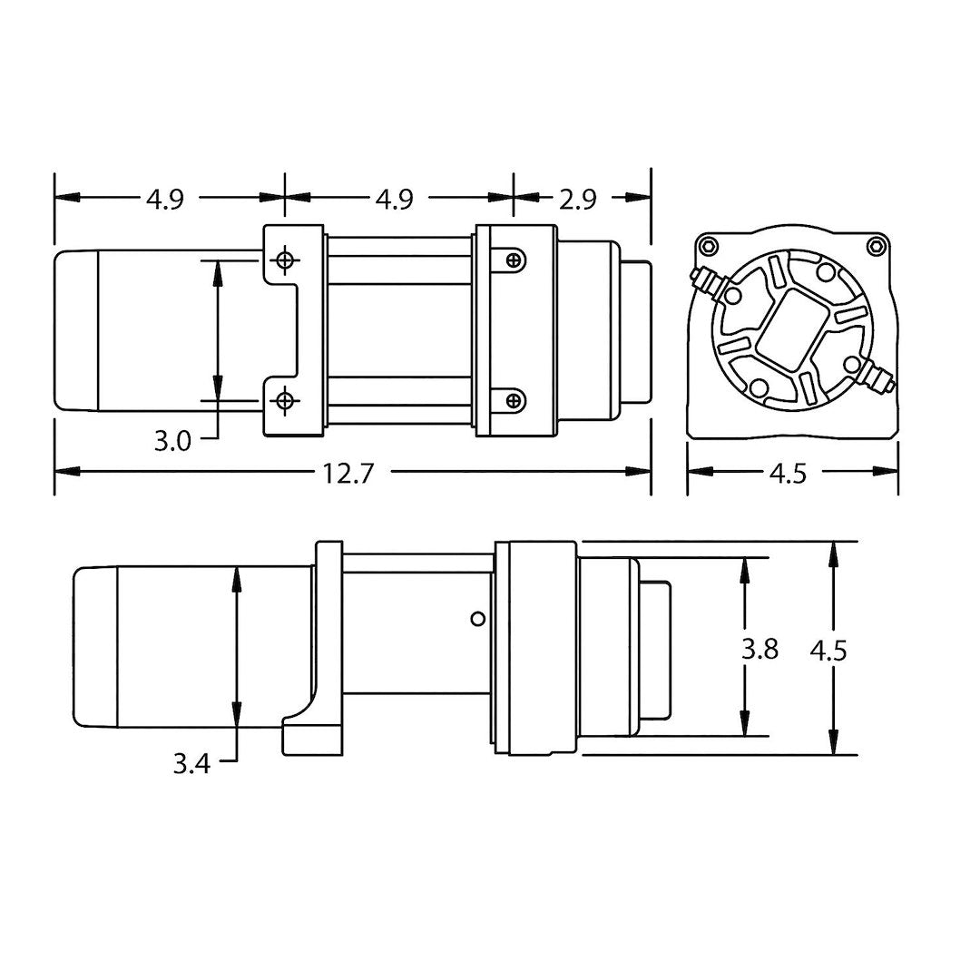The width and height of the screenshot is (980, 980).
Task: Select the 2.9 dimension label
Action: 577,199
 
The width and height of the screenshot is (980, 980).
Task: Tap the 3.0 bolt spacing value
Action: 171,442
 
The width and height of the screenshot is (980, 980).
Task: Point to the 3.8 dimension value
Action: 759,650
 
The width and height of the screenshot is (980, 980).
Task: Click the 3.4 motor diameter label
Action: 191,764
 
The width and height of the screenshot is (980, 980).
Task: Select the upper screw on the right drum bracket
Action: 514,260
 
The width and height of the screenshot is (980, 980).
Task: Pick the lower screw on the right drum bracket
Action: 514,399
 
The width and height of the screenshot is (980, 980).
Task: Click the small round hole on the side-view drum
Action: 477,619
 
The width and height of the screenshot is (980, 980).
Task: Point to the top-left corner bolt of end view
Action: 709,245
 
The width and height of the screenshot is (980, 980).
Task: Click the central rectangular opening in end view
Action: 788,332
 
